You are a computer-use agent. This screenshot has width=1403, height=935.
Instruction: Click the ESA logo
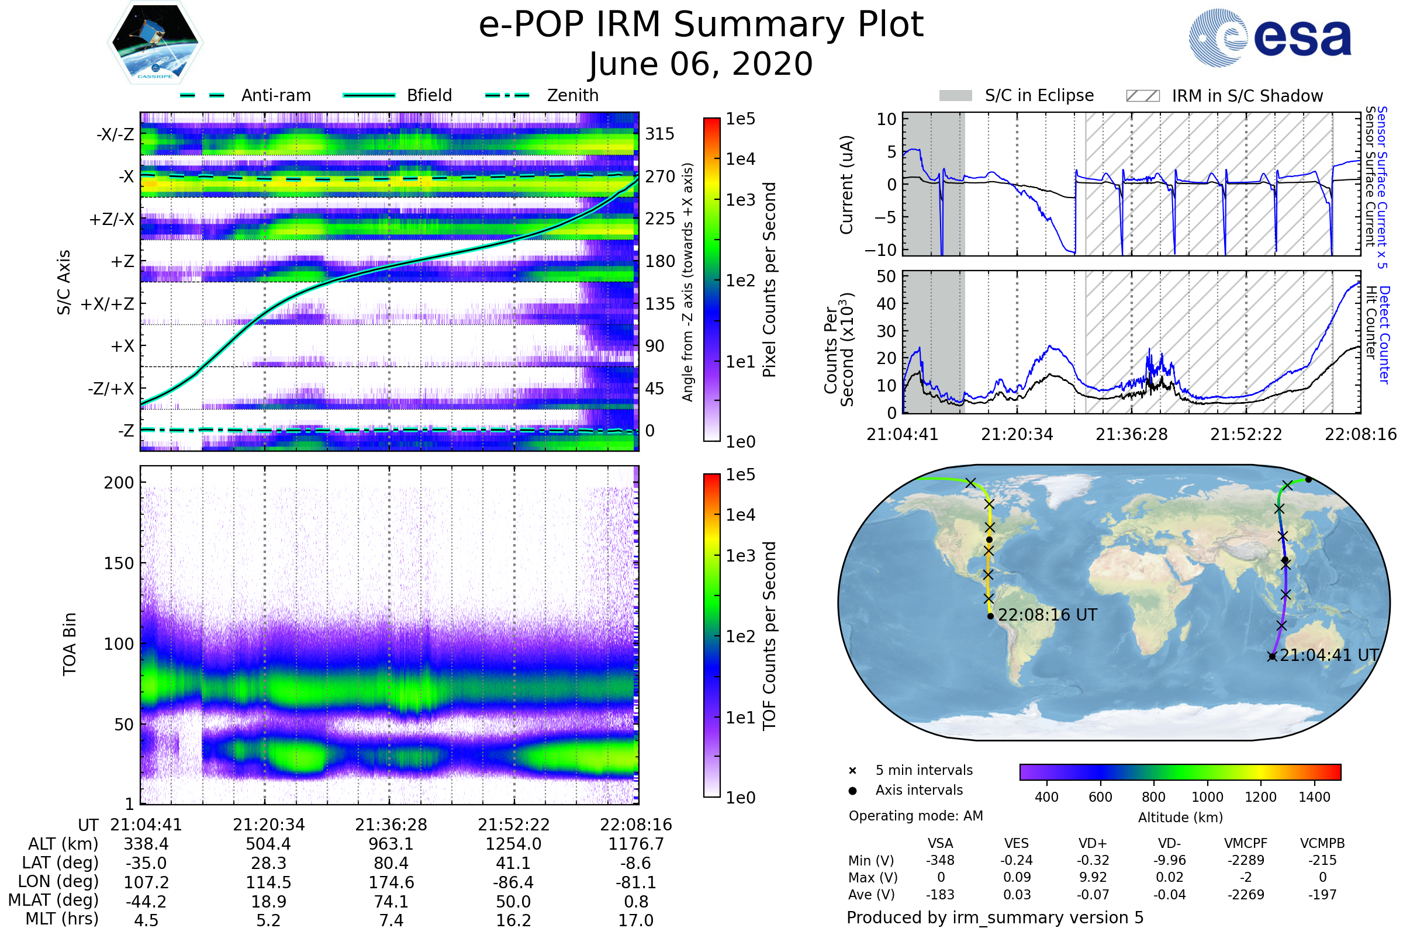(1270, 38)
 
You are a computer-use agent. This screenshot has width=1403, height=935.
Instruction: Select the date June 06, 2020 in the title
(700, 64)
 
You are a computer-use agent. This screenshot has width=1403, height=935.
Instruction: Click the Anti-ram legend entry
(275, 95)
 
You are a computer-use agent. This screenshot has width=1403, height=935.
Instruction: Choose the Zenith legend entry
(573, 95)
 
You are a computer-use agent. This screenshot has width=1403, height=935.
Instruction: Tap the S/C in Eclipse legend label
(1039, 95)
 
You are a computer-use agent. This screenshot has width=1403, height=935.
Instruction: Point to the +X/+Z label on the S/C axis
(108, 304)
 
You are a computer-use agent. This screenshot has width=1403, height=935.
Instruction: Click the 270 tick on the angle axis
(660, 176)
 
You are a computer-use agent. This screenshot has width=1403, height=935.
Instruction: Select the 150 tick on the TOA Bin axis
(119, 563)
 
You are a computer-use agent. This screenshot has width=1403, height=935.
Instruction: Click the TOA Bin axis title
(69, 643)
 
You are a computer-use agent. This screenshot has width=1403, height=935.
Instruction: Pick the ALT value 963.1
(391, 844)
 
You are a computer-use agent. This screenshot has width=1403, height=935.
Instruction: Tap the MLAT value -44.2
(146, 902)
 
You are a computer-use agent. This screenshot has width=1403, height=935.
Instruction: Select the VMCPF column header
(1246, 844)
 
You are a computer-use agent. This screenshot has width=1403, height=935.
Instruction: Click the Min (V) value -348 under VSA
(940, 860)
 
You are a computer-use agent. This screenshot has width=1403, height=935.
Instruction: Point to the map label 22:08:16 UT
(1048, 615)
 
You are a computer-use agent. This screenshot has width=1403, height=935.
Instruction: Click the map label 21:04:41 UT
(1329, 655)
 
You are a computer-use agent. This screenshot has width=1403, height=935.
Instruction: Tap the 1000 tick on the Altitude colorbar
(1207, 797)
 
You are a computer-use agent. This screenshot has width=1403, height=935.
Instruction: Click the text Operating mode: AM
(915, 816)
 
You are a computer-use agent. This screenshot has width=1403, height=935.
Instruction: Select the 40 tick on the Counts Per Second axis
(886, 304)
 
